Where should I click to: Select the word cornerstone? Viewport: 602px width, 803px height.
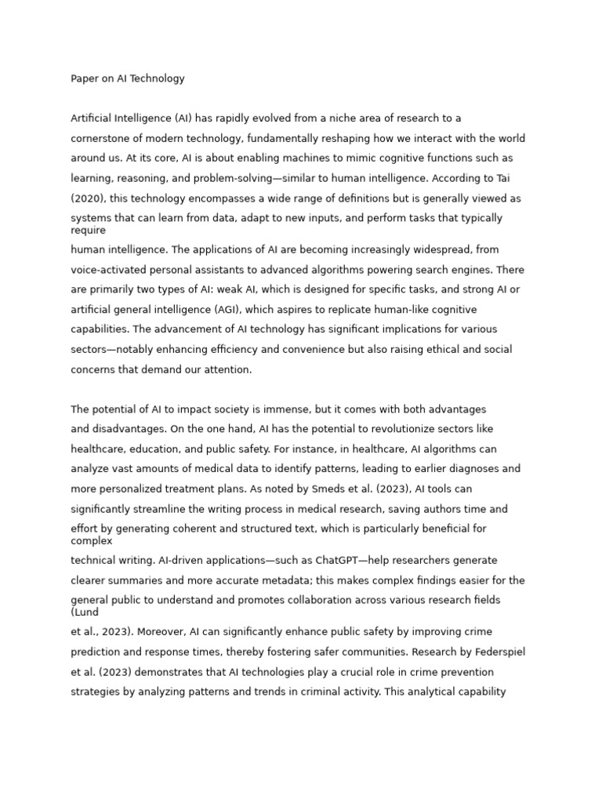click(101, 138)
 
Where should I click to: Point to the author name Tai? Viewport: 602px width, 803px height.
click(503, 178)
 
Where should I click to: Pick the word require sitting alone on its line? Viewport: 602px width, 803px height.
click(88, 231)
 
